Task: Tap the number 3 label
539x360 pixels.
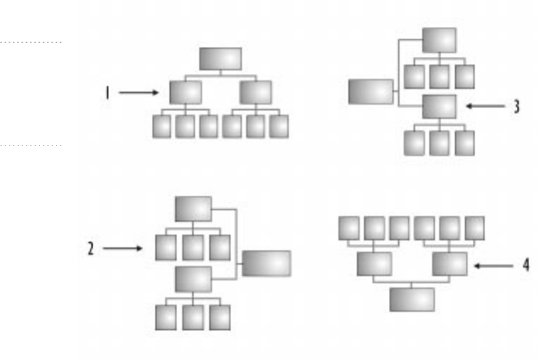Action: [x=517, y=107]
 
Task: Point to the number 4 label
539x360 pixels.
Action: [x=525, y=265]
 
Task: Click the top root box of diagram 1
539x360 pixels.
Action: [x=220, y=59]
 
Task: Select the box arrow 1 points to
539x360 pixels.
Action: [x=186, y=92]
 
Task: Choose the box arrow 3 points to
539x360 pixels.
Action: [x=439, y=107]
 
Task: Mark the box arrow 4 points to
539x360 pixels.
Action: [x=449, y=264]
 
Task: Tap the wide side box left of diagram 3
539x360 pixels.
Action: [x=370, y=92]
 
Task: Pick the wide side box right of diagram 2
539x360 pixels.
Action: [x=266, y=263]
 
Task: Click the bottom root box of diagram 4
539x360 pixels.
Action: [x=412, y=299]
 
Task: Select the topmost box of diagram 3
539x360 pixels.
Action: [x=439, y=40]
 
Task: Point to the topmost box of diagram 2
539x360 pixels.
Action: [x=193, y=208]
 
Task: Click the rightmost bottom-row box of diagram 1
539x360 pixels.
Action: [x=279, y=126]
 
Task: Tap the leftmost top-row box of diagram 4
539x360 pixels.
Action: [x=348, y=228]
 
